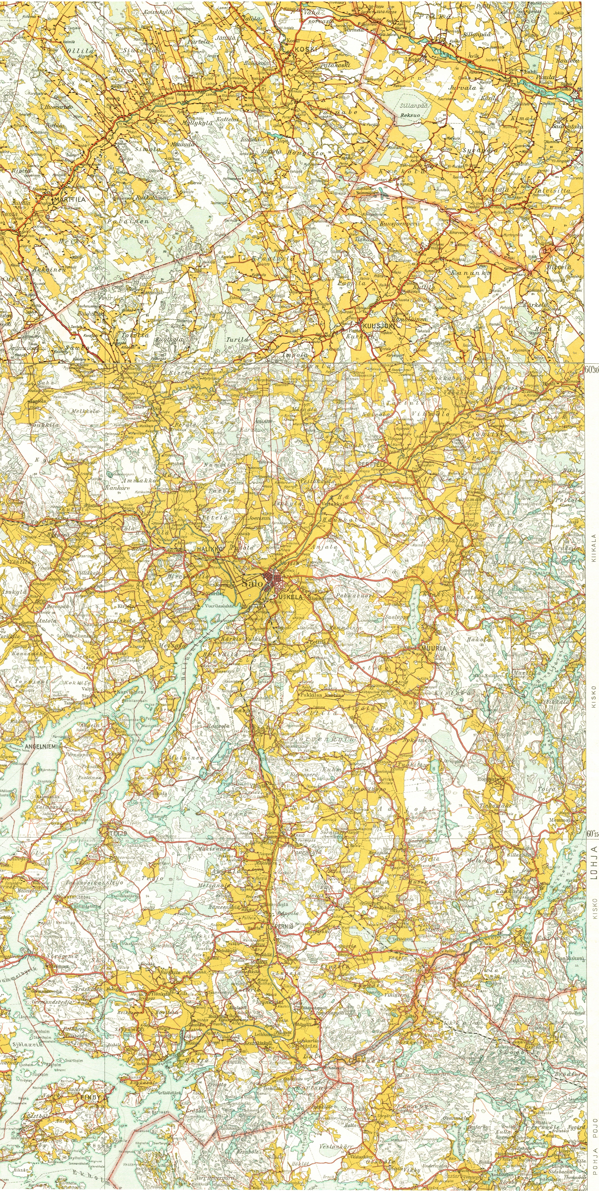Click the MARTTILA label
[72, 200]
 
